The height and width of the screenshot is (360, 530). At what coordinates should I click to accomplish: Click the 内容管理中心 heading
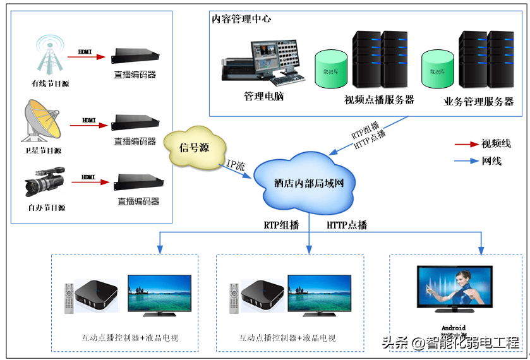pos(242,19)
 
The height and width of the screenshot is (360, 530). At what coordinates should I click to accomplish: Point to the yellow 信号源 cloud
pos(194,148)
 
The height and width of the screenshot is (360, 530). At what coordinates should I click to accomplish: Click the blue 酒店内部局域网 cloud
pos(308,183)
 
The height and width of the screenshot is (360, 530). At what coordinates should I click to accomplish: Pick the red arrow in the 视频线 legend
pos(466,143)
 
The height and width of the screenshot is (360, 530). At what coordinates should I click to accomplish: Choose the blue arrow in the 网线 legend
pos(466,161)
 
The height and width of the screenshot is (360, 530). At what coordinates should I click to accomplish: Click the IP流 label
pos(236,165)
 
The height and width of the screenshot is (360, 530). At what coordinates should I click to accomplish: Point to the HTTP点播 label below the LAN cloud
pos(346,225)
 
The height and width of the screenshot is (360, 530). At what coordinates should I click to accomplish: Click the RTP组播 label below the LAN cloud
pos(281,225)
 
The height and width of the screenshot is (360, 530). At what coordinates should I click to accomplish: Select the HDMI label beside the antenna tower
pos(86,51)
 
